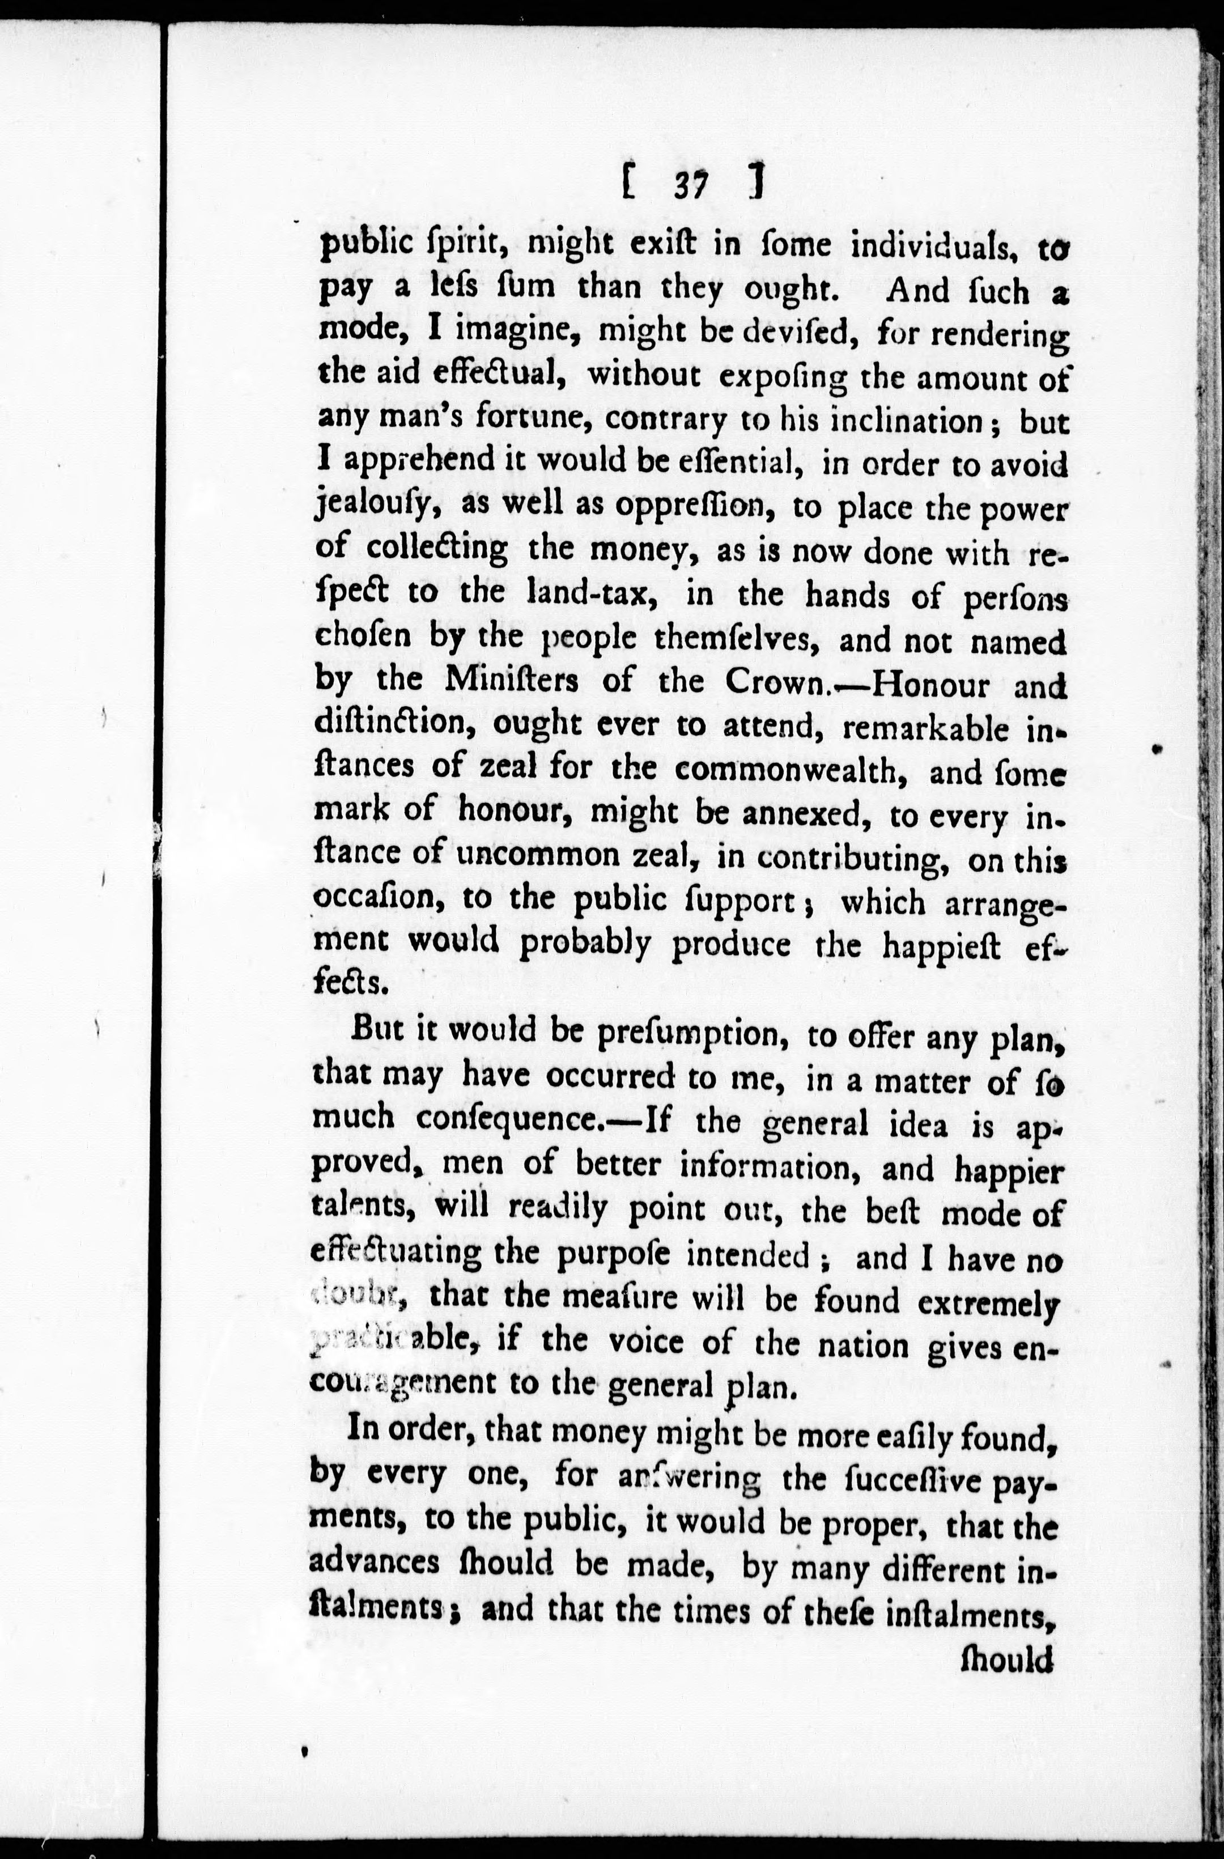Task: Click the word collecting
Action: pyautogui.click(x=437, y=549)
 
